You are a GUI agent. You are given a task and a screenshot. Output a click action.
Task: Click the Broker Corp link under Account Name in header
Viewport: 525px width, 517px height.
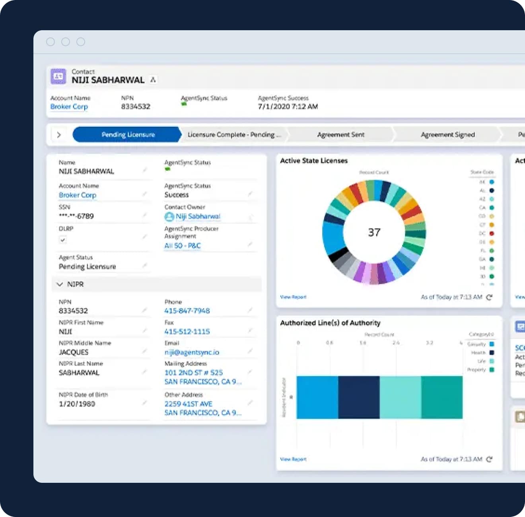(69, 107)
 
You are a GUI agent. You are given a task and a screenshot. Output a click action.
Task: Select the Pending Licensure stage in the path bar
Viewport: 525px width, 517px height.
(128, 134)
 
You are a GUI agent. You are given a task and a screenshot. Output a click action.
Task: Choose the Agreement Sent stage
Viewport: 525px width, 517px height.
(340, 134)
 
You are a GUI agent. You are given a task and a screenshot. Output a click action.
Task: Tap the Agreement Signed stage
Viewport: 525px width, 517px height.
(447, 134)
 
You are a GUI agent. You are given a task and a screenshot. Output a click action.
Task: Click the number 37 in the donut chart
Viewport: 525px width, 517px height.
(374, 232)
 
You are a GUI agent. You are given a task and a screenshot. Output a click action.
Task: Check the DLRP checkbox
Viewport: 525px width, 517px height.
(62, 240)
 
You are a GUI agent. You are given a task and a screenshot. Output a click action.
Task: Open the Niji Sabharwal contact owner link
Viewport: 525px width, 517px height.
(198, 216)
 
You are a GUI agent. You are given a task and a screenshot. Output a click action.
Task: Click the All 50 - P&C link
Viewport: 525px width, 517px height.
(183, 246)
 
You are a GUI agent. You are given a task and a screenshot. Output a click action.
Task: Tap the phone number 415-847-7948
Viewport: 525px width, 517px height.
(187, 311)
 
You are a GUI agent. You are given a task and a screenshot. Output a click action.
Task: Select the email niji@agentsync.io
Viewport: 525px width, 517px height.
(192, 352)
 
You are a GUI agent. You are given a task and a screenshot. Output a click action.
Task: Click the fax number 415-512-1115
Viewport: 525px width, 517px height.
(187, 331)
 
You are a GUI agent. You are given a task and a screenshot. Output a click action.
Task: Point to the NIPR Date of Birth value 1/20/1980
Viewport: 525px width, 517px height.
(77, 404)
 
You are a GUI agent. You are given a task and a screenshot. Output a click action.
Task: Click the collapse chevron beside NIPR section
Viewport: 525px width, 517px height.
(60, 284)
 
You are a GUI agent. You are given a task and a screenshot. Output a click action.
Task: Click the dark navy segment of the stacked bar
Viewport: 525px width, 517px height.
(359, 397)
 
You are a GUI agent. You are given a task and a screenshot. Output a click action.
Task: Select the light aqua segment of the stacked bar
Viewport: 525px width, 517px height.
(400, 397)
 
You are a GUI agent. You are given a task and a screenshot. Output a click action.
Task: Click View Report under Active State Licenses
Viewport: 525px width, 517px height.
(293, 297)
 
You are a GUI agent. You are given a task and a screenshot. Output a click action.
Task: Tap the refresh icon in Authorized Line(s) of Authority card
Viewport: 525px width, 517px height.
(489, 459)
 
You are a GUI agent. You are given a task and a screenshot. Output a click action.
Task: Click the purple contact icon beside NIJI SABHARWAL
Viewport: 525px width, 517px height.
(58, 76)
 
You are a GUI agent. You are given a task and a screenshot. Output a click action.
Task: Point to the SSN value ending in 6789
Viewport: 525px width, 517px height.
(76, 216)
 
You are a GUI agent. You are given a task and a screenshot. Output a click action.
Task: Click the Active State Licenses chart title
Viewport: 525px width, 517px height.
(314, 161)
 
